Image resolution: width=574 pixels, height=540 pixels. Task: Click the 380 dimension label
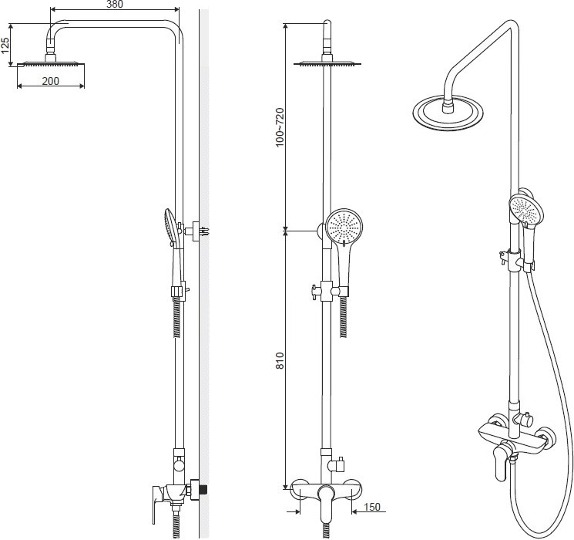pos(115,4)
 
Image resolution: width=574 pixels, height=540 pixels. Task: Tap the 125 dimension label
pos(5,45)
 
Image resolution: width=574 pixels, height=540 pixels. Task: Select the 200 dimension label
pos(51,81)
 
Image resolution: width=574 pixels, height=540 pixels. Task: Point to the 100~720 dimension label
pos(280,127)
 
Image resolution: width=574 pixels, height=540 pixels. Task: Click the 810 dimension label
pos(280,360)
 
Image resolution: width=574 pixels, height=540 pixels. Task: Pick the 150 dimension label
pos(372,507)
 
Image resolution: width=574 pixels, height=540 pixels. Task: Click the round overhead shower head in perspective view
pos(448,112)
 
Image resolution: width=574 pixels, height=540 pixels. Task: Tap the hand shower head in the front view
pos(344,227)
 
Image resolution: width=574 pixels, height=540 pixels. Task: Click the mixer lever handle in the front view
pos(325,503)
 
